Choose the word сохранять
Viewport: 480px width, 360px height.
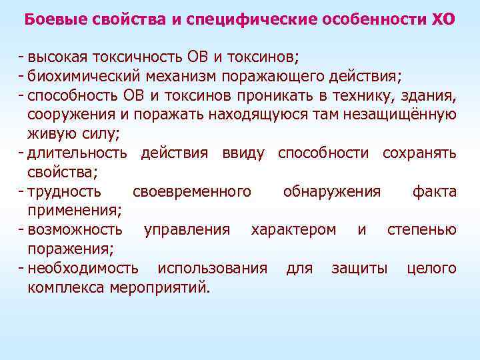pos(419,153)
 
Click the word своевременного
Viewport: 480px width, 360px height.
pos(192,192)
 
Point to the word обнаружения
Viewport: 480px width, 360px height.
pos(331,192)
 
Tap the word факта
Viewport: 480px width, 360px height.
pos(435,192)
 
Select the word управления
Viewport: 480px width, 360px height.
pos(187,230)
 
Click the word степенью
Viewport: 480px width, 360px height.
pos(422,230)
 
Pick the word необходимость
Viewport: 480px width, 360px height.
pos(83,269)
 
